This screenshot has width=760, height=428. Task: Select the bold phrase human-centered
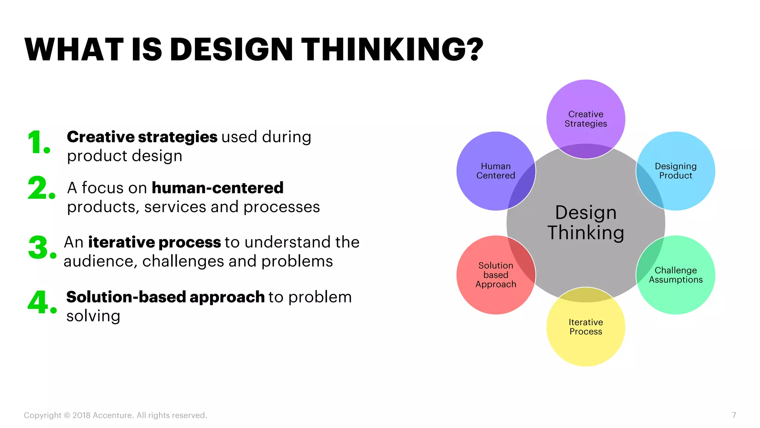(217, 188)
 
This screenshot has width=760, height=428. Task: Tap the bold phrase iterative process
(154, 242)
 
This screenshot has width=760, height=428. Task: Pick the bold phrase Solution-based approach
(165, 297)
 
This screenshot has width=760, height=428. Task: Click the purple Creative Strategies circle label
(586, 119)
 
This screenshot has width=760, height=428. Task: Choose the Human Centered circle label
(495, 171)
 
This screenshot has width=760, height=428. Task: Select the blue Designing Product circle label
(675, 171)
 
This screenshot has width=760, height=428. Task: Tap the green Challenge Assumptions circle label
(675, 275)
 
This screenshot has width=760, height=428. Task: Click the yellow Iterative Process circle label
(586, 327)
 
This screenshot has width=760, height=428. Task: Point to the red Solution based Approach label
(495, 275)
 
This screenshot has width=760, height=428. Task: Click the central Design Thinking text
(586, 223)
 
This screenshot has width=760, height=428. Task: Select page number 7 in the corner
(734, 415)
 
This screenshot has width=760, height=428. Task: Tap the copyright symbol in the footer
(67, 415)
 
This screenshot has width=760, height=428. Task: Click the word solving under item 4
(93, 316)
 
